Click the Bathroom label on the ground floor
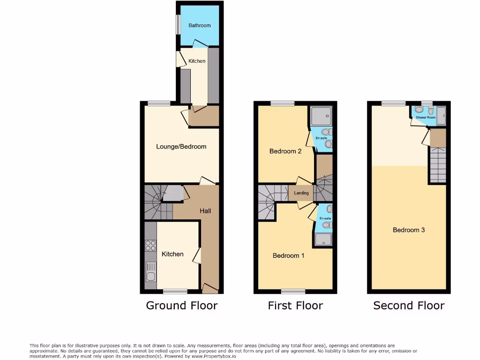click(200, 25)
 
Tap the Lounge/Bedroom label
click(181, 147)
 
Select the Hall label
click(205, 211)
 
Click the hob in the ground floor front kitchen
click(150, 246)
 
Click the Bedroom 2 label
click(285, 151)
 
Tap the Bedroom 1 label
click(288, 255)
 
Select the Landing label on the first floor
click(301, 193)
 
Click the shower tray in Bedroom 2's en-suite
click(321, 116)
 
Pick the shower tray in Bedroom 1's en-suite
click(323, 240)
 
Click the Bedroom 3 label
click(409, 230)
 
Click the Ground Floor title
click(182, 306)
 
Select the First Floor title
click(295, 306)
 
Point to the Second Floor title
click(409, 306)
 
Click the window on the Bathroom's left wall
click(178, 25)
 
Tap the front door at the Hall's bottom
click(210, 287)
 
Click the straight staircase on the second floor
click(438, 165)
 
